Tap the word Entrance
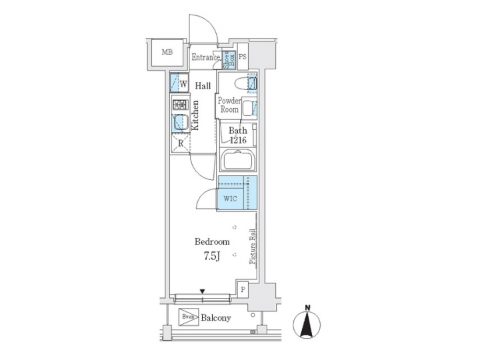pyautogui.click(x=205, y=58)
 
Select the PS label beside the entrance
pyautogui.click(x=242, y=57)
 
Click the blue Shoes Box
pyautogui.click(x=227, y=58)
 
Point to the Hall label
pyautogui.click(x=203, y=86)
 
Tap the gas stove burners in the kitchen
pyautogui.click(x=179, y=104)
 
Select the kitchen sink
pyautogui.click(x=179, y=122)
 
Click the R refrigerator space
pyautogui.click(x=180, y=143)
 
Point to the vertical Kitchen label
pyautogui.click(x=196, y=115)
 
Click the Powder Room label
pyautogui.click(x=229, y=105)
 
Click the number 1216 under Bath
pyautogui.click(x=238, y=141)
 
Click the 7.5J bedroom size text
pyautogui.click(x=211, y=257)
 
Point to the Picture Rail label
pyautogui.click(x=253, y=247)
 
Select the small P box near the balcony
pyautogui.click(x=243, y=289)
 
